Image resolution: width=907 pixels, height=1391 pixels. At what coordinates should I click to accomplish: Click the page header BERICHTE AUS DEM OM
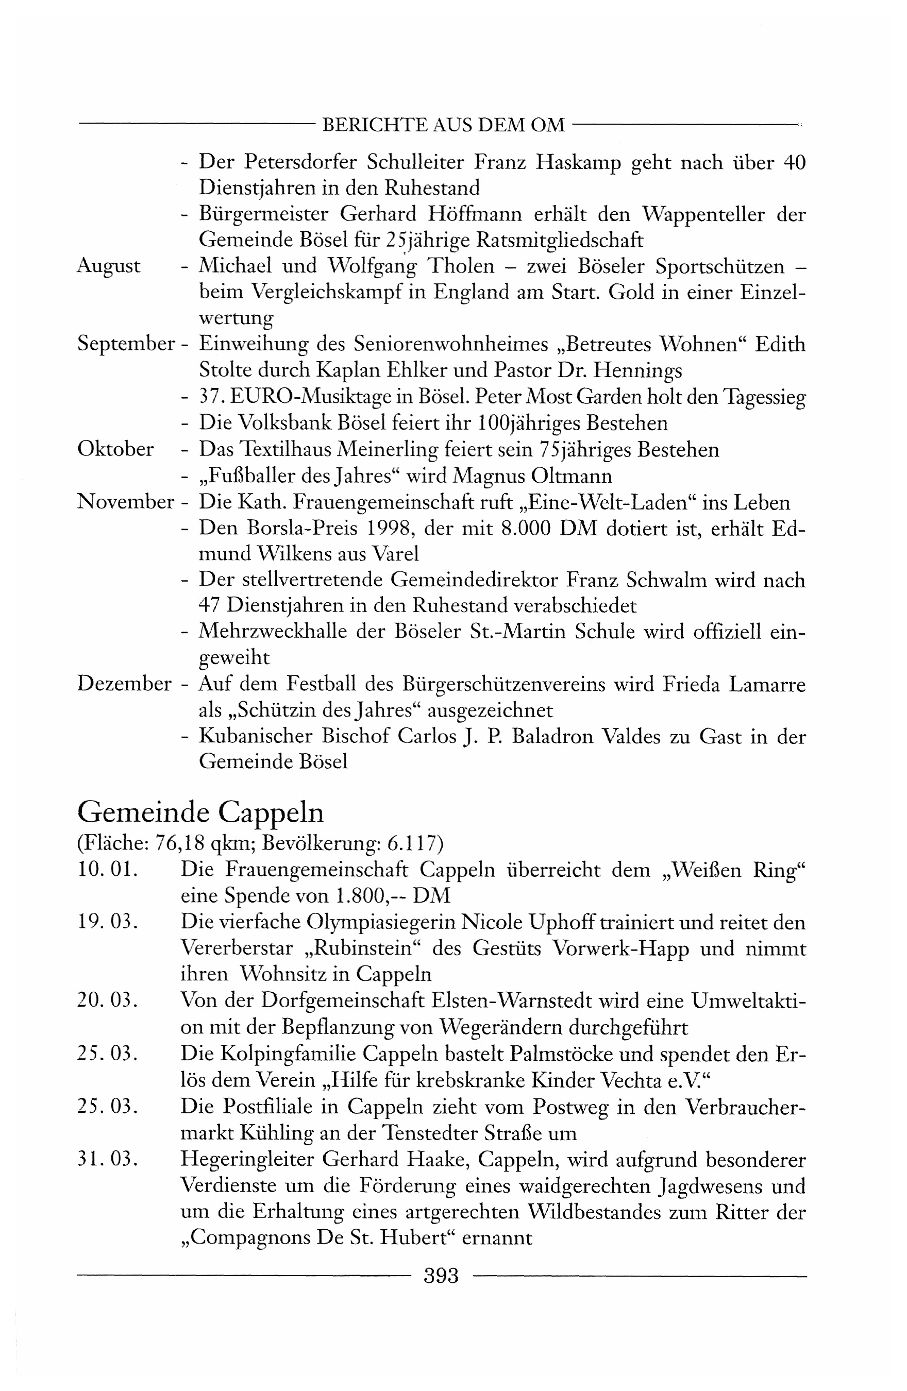click(443, 125)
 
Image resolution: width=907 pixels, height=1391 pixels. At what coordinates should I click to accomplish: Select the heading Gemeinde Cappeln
click(200, 813)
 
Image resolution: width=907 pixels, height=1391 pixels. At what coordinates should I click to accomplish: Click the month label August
click(109, 266)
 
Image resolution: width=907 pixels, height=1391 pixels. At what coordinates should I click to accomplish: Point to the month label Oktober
click(115, 449)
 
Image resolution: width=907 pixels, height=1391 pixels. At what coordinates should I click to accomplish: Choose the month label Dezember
click(124, 683)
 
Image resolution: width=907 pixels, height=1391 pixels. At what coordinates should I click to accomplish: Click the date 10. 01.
click(107, 870)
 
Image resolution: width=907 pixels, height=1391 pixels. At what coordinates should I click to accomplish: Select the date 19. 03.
click(107, 922)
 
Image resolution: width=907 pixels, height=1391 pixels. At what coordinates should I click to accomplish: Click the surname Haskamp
click(578, 162)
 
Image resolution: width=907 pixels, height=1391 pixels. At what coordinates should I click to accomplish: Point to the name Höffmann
click(475, 214)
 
